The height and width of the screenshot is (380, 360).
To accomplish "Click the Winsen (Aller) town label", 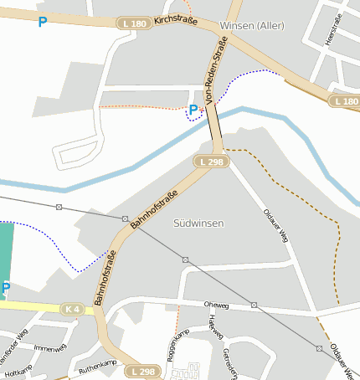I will click(251, 26).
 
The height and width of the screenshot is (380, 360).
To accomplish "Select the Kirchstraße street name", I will click(175, 19).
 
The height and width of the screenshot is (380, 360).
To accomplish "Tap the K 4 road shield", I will click(73, 310).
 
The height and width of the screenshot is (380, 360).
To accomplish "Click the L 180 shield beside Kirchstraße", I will click(134, 23).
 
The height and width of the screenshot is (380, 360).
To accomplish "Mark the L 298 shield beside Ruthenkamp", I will click(142, 371).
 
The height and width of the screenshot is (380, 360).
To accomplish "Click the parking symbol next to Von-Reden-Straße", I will click(193, 110).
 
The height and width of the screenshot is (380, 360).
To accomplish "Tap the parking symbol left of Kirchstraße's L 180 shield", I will click(42, 22).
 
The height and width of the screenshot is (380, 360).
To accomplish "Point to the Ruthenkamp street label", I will click(97, 365).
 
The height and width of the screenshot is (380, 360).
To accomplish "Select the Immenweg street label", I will click(49, 349).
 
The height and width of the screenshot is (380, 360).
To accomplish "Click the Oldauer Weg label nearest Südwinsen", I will click(275, 223).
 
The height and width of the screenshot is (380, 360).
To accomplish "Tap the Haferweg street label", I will click(217, 332).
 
